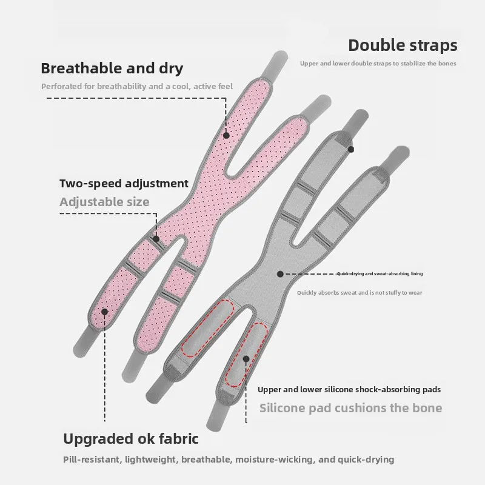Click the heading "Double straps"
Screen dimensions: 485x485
[x=402, y=45]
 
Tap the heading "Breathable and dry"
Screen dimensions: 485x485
[x=112, y=67]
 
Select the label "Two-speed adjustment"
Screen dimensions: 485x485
[x=124, y=183]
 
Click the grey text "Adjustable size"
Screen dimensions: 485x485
[x=104, y=202]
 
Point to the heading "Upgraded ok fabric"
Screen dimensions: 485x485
[x=131, y=438]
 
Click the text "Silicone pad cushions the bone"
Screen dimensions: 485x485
[x=350, y=407]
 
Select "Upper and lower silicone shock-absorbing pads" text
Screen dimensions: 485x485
[x=349, y=390]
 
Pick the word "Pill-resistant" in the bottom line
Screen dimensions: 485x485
[x=90, y=460]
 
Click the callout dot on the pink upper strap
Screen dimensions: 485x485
[x=226, y=136]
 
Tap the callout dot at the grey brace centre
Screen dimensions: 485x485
[x=280, y=274]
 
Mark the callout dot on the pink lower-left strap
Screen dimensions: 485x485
[x=104, y=312]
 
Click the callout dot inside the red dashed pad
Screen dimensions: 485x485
[x=246, y=359]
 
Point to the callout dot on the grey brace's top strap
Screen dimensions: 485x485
[x=350, y=149]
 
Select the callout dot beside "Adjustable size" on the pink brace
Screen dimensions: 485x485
[x=156, y=239]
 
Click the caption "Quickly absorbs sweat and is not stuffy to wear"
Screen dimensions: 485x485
[x=360, y=293]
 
